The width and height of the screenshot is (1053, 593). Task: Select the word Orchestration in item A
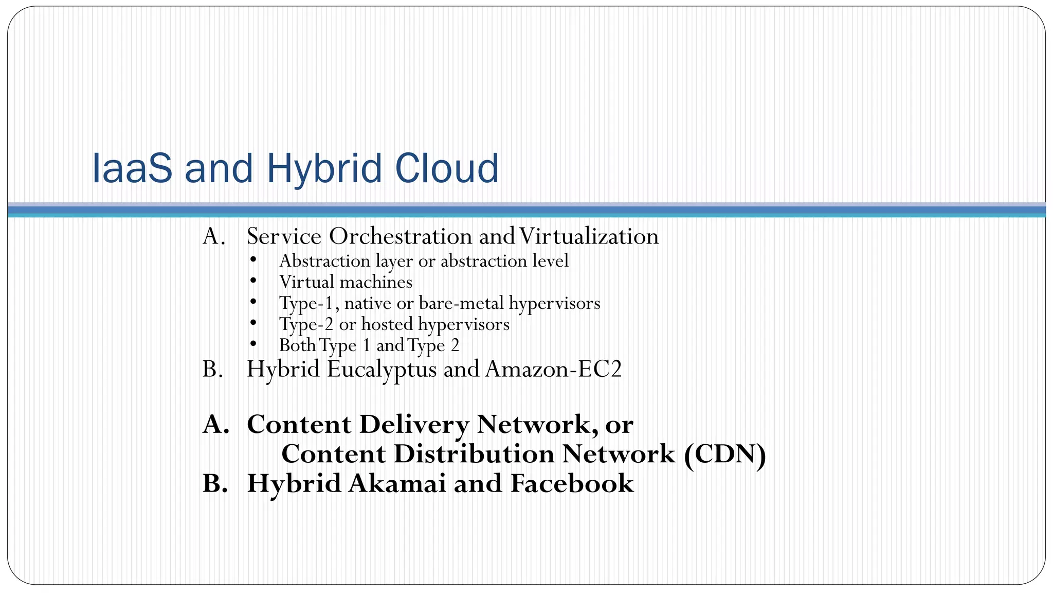click(401, 236)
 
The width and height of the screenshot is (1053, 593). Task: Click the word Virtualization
click(589, 236)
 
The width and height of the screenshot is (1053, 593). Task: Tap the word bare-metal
click(461, 303)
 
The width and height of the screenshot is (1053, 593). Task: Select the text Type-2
click(306, 324)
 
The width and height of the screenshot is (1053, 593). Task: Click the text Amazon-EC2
click(553, 370)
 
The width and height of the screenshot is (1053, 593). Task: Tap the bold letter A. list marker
click(215, 425)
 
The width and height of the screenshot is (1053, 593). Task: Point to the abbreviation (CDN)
click(725, 454)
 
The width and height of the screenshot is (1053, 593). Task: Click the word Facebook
click(572, 483)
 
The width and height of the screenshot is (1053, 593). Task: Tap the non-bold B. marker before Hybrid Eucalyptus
click(213, 370)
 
